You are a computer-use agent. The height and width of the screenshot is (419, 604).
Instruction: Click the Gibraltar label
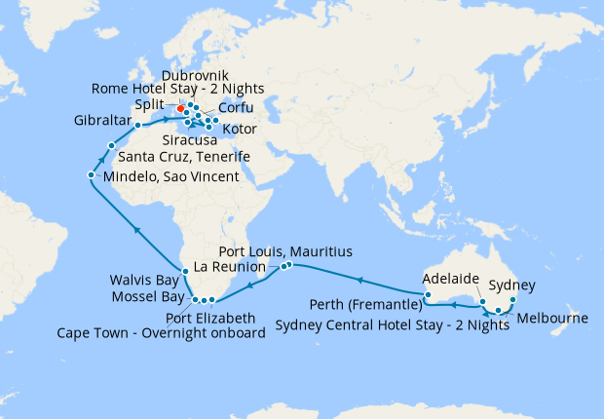[101, 122]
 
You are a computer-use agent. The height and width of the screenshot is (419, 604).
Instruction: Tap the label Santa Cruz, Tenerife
[184, 157]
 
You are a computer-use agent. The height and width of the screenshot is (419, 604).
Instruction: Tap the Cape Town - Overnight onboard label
[181, 333]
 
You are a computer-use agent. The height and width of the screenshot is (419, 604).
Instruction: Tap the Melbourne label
[552, 319]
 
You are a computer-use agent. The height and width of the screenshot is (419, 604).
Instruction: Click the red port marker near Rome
[181, 108]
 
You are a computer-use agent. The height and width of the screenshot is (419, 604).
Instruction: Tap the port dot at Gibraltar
[138, 125]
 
